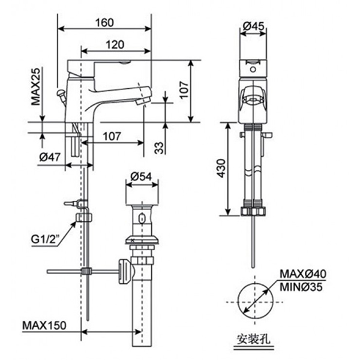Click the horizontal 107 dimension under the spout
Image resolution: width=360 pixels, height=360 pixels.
click(x=112, y=136)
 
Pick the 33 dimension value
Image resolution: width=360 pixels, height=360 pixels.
click(x=158, y=146)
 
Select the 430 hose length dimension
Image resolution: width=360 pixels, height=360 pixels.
click(x=221, y=170)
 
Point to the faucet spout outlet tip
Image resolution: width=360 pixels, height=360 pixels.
click(x=140, y=103)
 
